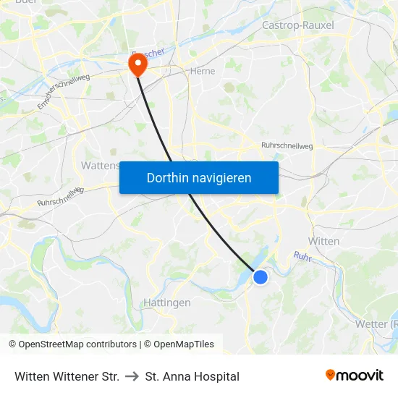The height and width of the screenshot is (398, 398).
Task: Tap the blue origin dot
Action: [x=261, y=276]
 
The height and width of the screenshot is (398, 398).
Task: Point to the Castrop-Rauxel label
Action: [x=297, y=25]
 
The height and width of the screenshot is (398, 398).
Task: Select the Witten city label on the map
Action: [x=323, y=241]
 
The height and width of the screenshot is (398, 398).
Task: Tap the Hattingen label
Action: [x=166, y=302]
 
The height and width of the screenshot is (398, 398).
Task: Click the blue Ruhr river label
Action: [x=302, y=255]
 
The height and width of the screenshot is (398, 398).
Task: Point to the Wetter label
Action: [x=376, y=323]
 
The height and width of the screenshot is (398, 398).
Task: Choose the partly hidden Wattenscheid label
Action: [x=100, y=166]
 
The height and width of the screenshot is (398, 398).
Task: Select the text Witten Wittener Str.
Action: [x=67, y=376]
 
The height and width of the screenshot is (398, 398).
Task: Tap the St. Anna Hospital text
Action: [x=192, y=376]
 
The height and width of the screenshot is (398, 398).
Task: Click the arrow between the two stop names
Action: [x=132, y=376]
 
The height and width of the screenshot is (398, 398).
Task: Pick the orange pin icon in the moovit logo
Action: [x=331, y=375]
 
